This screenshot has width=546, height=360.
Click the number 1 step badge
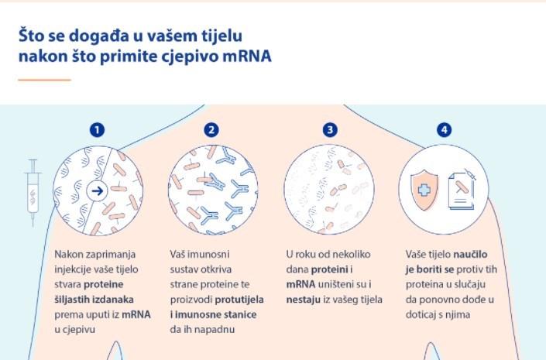pyautogui.click(x=97, y=130)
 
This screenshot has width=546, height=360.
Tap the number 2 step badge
pyautogui.click(x=211, y=130)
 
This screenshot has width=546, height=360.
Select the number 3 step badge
pyautogui.click(x=330, y=130)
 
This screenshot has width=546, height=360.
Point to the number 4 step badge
pyautogui.click(x=444, y=130)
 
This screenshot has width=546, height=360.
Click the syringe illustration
pyautogui.click(x=33, y=192)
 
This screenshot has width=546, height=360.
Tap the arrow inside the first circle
pyautogui.click(x=97, y=190)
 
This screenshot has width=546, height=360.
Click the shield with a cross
pyautogui.click(x=424, y=190)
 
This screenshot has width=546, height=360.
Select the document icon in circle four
pyautogui.click(x=462, y=190)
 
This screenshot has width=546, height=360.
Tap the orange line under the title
pyautogui.click(x=45, y=80)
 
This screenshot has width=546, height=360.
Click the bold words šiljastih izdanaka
pyautogui.click(x=94, y=300)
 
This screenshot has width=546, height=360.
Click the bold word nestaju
pyautogui.click(x=304, y=300)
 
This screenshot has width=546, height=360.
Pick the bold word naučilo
pyautogui.click(x=470, y=254)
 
